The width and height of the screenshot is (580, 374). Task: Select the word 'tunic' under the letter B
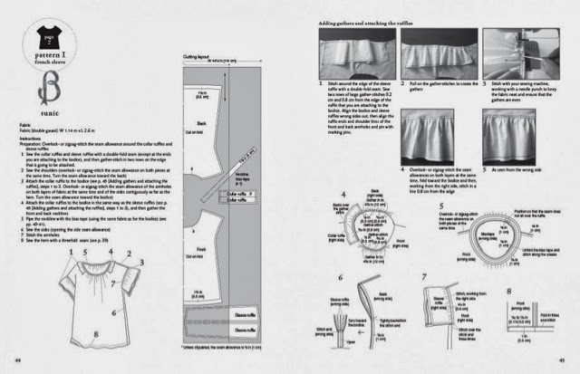(x=39, y=116)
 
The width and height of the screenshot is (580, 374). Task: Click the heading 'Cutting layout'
(x=197, y=56)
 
